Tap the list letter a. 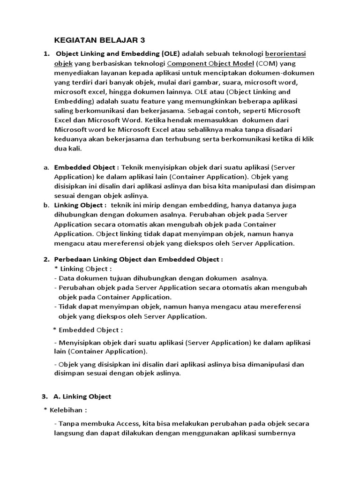coord(46,167)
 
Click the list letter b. coord(46,205)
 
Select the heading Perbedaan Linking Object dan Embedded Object coord(138,259)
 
